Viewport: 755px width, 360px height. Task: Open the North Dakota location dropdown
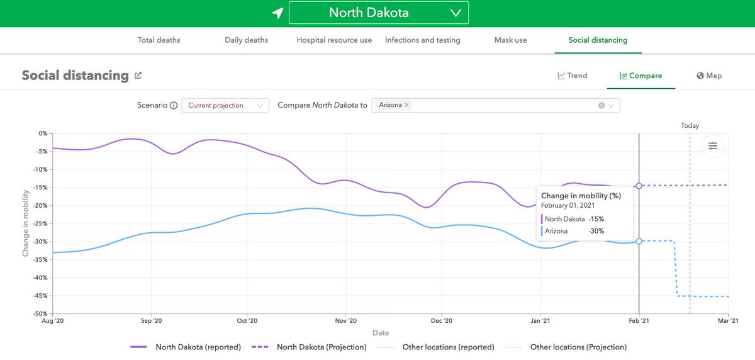tap(378, 13)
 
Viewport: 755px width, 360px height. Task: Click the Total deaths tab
tap(159, 40)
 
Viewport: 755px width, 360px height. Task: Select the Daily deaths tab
tap(246, 40)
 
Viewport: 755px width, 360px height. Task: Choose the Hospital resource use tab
tap(334, 40)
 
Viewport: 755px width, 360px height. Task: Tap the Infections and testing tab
tap(422, 40)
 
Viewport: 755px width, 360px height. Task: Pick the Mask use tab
tap(511, 40)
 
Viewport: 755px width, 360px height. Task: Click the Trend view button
tap(572, 76)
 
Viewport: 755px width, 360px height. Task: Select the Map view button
tap(709, 76)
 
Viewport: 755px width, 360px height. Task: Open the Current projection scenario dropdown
tap(225, 106)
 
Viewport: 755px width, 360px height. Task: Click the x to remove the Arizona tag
tap(406, 105)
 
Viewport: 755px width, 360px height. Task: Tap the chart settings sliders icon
tap(713, 146)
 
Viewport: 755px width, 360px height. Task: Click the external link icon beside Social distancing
tap(138, 76)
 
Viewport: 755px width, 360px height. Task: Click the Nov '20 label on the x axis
tap(345, 321)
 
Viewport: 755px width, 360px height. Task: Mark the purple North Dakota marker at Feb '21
tap(639, 186)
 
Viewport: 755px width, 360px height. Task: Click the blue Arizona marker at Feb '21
tap(639, 241)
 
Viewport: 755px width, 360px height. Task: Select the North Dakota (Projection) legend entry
tap(309, 347)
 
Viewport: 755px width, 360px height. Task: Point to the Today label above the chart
tap(690, 126)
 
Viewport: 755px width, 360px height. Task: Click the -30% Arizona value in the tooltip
tap(596, 231)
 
